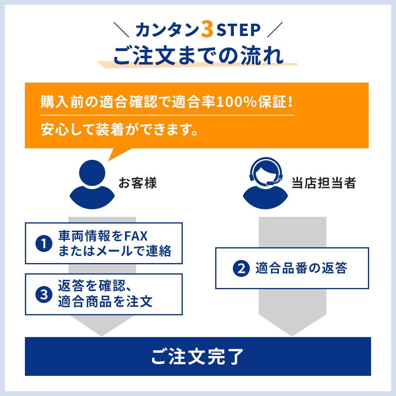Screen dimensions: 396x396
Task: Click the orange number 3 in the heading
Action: tap(207, 29)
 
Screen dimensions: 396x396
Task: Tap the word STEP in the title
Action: tap(239, 30)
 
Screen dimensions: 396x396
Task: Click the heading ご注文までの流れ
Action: tap(199, 55)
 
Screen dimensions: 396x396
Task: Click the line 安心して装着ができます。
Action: tap(119, 129)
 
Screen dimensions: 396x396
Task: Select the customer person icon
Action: tap(92, 184)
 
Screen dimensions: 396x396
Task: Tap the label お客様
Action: tap(138, 183)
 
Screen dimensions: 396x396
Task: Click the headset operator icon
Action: tap(265, 183)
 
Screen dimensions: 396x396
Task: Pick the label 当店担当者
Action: tap(324, 183)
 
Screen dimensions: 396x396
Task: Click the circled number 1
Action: tap(44, 244)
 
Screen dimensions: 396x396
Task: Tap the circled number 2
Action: tap(241, 268)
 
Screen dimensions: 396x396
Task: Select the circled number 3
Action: tap(44, 294)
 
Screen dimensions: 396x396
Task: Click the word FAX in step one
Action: tap(136, 237)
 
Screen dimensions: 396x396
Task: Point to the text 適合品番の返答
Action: tap(301, 268)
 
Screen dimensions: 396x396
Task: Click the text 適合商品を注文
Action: tap(105, 301)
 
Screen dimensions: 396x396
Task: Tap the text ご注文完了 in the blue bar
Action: tap(197, 356)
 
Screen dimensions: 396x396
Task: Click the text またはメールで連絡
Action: tap(115, 251)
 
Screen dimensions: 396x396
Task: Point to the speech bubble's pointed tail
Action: tap(109, 161)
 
